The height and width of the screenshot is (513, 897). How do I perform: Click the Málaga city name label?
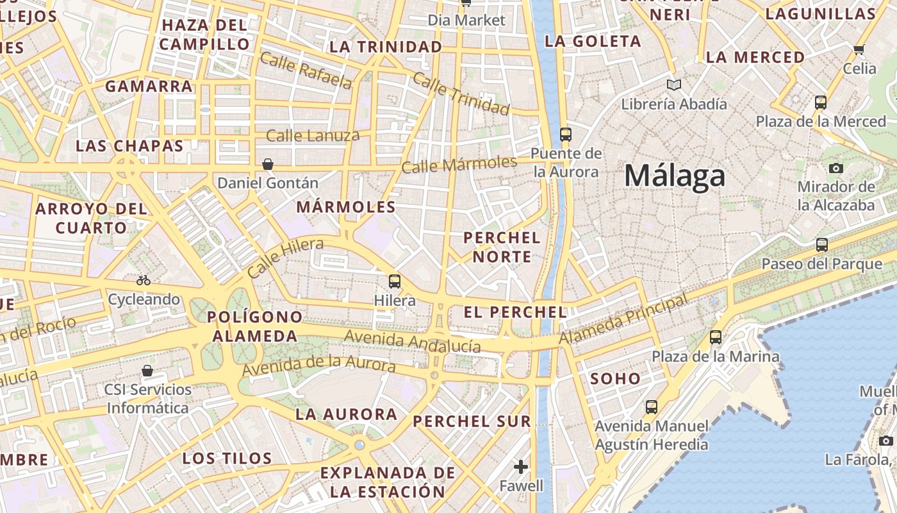(x=675, y=176)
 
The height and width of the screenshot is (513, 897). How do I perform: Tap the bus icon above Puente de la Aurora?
(x=565, y=134)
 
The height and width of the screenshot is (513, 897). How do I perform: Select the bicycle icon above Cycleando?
(x=144, y=280)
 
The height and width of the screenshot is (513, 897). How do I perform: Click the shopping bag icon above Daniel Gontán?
(x=268, y=164)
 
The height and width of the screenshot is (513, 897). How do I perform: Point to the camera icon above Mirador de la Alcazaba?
(x=835, y=168)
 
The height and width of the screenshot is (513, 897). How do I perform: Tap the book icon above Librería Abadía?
(x=673, y=85)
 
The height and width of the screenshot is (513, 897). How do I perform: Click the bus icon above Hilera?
(x=395, y=281)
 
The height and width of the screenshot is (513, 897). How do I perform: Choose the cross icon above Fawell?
(x=521, y=466)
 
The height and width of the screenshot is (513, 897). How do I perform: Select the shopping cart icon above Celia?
(x=859, y=49)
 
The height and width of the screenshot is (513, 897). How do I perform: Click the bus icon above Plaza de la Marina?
(x=716, y=337)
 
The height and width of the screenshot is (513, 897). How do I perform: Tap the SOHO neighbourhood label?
(x=615, y=378)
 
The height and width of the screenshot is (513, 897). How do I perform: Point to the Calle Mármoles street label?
(x=459, y=165)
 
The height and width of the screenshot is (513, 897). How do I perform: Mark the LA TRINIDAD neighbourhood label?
(x=386, y=47)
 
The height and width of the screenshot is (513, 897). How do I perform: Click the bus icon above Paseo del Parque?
(x=822, y=244)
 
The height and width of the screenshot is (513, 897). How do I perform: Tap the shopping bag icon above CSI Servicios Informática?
(x=147, y=371)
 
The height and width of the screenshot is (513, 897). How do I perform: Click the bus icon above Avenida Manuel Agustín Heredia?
(x=652, y=407)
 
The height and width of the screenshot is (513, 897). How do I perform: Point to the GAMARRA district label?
(x=149, y=86)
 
